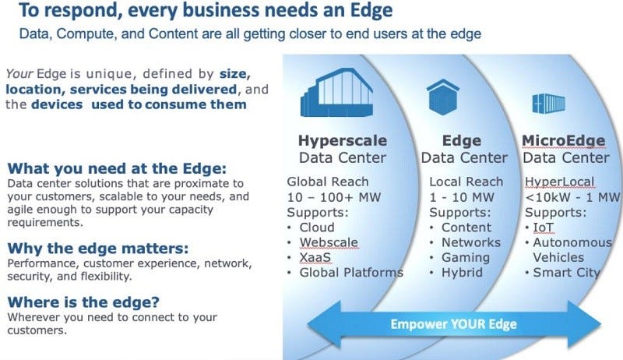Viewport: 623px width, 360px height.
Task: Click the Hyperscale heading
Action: tap(342, 141)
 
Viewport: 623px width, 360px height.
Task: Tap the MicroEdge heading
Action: tap(563, 141)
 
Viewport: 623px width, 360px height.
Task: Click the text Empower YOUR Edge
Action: tap(454, 323)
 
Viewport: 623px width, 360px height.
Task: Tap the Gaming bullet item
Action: tap(466, 257)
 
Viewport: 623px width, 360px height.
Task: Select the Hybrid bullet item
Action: tap(463, 272)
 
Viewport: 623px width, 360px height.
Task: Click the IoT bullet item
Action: tap(543, 227)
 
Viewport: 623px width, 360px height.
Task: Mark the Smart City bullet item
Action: tap(566, 272)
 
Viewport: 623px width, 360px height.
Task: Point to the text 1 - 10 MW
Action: tap(460, 196)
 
